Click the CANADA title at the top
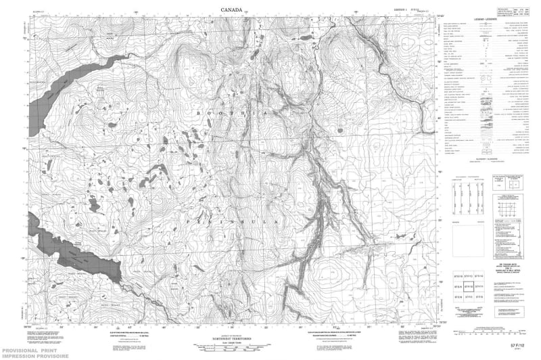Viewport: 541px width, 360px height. click(x=233, y=9)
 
